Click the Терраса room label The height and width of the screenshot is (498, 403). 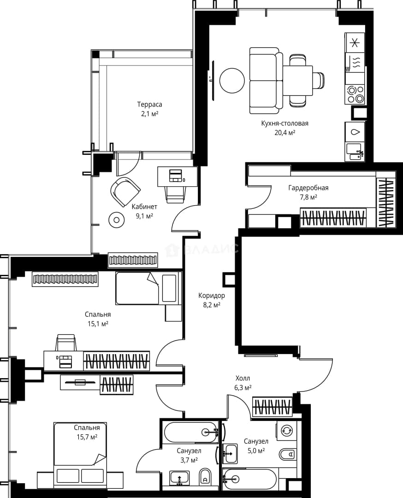click(x=149, y=104)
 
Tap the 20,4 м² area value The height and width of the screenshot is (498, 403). click(x=285, y=132)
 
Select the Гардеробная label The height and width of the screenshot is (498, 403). click(x=308, y=188)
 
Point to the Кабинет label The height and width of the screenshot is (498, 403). click(x=144, y=207)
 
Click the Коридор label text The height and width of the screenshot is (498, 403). click(x=212, y=296)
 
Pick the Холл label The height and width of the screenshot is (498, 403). click(x=243, y=378)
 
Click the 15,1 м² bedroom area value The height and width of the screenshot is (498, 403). click(x=98, y=324)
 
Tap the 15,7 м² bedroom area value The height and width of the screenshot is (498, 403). click(x=87, y=437)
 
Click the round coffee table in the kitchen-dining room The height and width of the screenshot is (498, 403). click(x=232, y=81)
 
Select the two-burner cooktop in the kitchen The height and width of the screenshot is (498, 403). click(x=355, y=95)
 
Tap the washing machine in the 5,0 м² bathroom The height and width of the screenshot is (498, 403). click(x=286, y=430)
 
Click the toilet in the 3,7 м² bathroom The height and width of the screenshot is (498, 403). click(x=206, y=477)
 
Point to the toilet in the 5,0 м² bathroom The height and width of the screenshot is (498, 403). click(x=288, y=455)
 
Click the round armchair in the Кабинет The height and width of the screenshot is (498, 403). click(x=125, y=191)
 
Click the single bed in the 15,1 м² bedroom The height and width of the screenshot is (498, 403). click(x=148, y=288)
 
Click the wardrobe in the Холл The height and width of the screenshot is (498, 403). click(x=272, y=406)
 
